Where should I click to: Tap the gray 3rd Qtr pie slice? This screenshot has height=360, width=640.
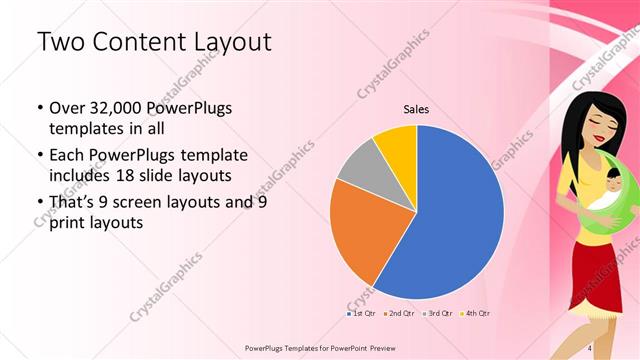click(x=356, y=165)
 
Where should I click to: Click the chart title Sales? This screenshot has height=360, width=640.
click(x=416, y=109)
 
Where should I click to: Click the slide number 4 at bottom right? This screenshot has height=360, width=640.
click(x=590, y=347)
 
